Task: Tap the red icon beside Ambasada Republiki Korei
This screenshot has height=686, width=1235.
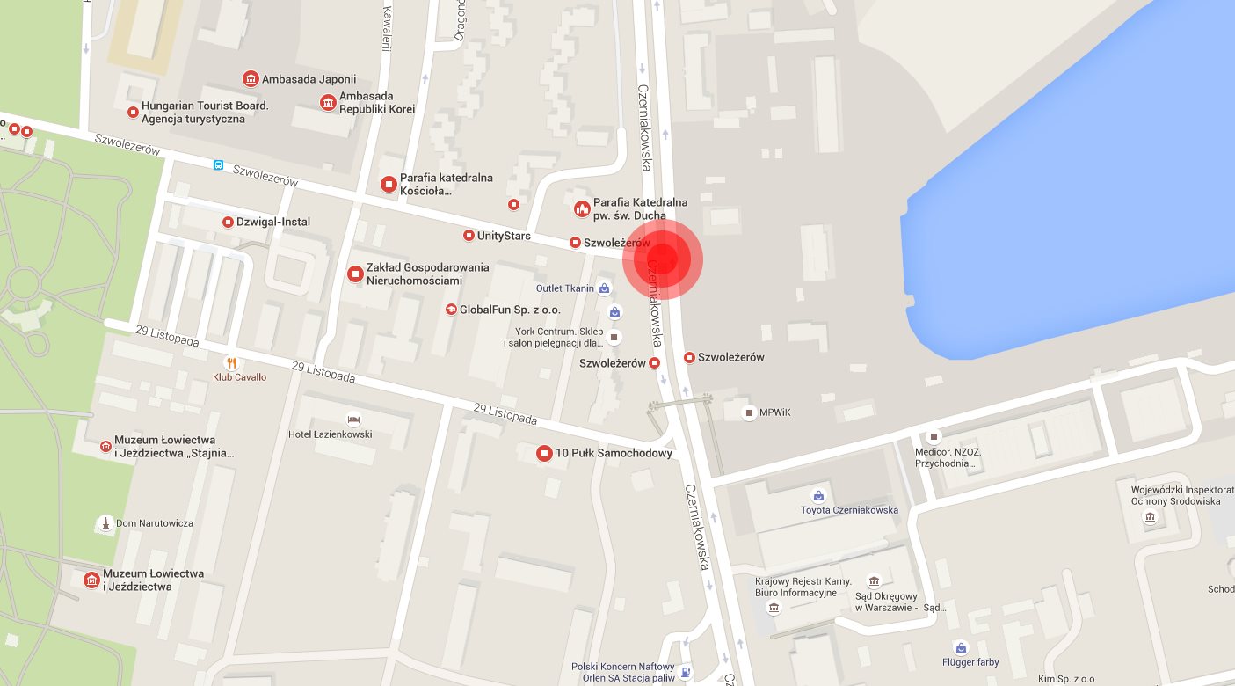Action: point(328,103)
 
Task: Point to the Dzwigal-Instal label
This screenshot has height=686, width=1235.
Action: point(273,222)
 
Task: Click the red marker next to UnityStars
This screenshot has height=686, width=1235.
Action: point(469,236)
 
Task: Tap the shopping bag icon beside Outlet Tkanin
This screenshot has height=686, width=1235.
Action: point(604,288)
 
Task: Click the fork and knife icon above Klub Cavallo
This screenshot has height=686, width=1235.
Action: point(231,362)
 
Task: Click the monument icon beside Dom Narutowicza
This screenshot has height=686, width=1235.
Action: point(106,523)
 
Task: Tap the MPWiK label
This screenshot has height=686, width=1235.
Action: point(775,412)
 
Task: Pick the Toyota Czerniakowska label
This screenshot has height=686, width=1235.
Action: point(849,510)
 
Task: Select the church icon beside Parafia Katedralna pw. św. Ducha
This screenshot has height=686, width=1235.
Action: point(581,208)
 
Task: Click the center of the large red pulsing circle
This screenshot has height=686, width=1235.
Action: point(663,259)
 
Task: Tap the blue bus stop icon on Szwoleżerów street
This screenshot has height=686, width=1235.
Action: point(218,164)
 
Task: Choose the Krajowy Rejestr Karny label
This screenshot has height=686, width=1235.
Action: point(795,587)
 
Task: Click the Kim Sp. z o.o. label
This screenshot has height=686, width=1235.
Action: point(1065,678)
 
